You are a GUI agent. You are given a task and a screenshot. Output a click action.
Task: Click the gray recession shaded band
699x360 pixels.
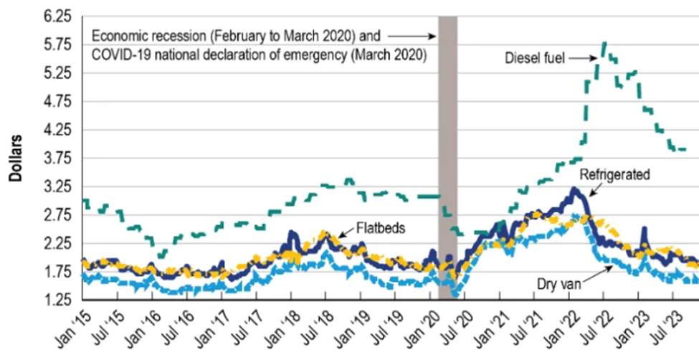tap(447, 143)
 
